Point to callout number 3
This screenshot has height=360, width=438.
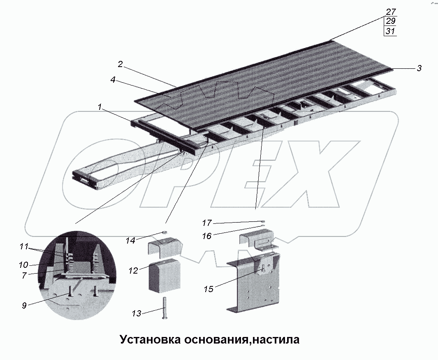(419, 69)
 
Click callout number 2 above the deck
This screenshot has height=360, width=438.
(120, 64)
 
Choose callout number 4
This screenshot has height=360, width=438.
(113, 81)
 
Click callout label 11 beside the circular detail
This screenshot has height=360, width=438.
(23, 247)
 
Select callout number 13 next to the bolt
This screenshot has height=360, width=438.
(136, 314)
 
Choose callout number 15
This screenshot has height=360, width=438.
(209, 289)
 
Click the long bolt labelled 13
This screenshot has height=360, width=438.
(165, 307)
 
